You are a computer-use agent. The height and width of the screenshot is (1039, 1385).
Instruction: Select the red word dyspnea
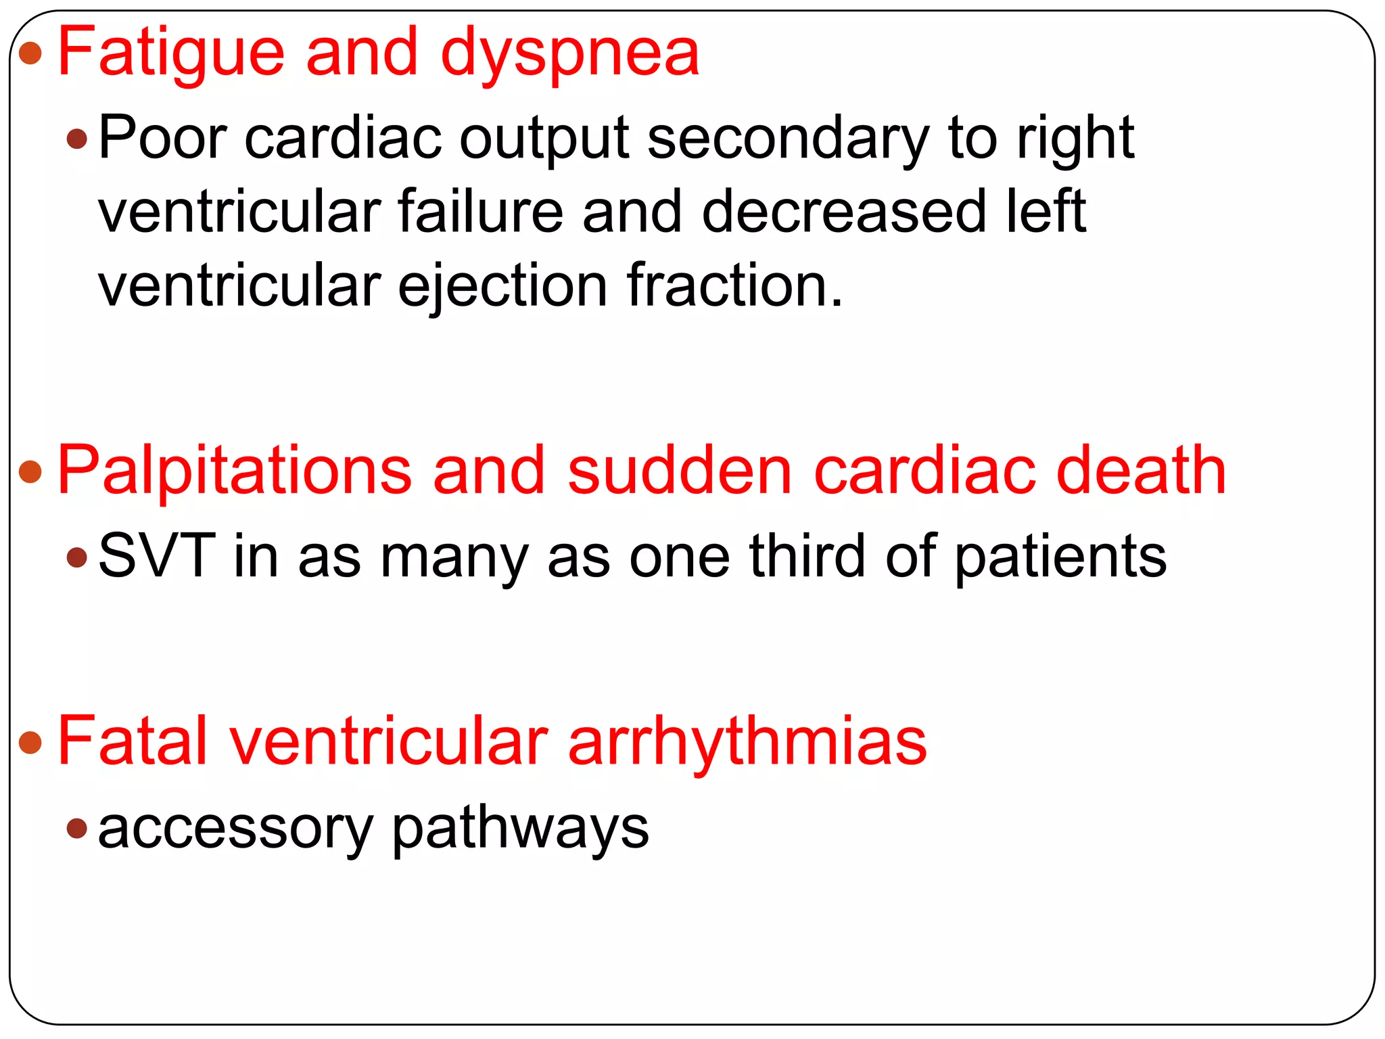click(x=569, y=54)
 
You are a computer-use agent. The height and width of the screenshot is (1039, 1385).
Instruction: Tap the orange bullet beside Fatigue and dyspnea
click(x=30, y=53)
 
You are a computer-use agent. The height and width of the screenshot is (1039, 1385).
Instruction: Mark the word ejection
click(x=502, y=286)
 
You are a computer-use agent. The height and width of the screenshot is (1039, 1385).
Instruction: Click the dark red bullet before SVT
click(x=77, y=557)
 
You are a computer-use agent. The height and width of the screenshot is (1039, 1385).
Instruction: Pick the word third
click(x=807, y=556)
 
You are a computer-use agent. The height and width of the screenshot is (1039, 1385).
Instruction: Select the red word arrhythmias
click(x=747, y=743)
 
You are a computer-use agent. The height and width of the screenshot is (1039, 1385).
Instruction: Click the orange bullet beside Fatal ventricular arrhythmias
click(x=30, y=742)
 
